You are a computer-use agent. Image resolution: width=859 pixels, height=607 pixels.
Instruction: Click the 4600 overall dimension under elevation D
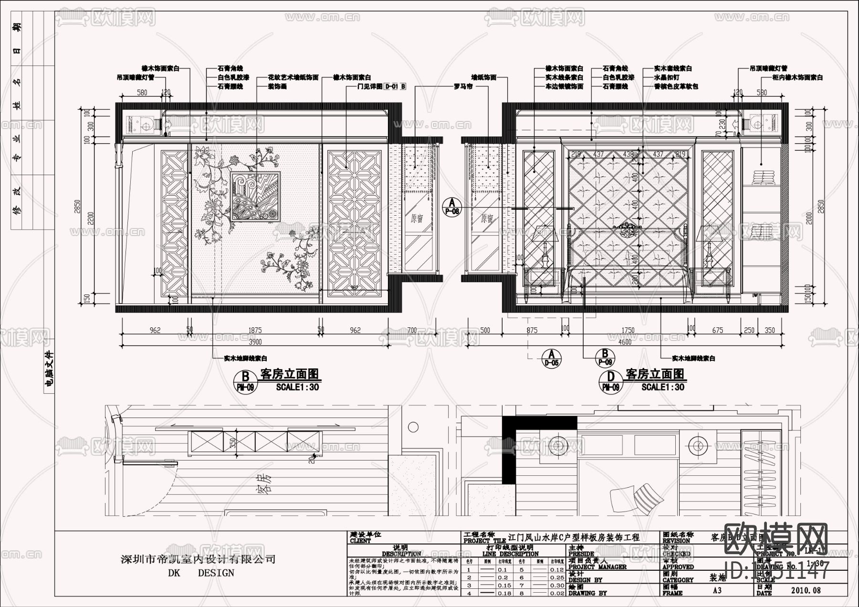624,342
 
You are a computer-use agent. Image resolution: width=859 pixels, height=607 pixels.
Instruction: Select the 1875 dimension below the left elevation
255,330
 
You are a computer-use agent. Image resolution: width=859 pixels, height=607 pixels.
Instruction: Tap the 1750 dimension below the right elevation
628,330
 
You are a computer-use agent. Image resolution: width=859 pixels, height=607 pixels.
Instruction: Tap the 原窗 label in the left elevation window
417,219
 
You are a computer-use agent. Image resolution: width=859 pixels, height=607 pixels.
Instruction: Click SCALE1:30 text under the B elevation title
297,387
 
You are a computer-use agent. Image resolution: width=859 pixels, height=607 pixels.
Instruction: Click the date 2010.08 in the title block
806,590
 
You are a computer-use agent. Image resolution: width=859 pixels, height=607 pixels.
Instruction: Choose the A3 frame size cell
717,590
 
